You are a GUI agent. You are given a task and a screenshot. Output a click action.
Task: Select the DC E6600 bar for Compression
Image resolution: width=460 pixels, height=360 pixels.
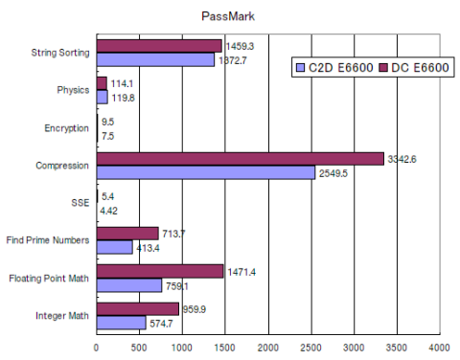coord(240,158)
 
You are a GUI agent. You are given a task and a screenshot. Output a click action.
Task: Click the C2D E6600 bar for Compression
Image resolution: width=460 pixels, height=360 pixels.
coord(205,172)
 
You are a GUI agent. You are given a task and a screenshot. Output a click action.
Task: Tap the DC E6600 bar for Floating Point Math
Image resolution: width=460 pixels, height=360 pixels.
coord(159,271)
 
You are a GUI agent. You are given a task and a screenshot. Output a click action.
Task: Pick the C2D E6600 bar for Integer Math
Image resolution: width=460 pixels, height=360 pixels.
coord(121,322)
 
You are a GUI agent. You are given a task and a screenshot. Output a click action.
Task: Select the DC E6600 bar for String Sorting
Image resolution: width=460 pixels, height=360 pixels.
coord(159,46)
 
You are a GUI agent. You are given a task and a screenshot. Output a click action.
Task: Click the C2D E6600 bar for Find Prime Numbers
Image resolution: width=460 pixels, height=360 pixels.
coord(114,247)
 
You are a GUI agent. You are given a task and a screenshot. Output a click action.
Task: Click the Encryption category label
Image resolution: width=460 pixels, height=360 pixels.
coord(67,127)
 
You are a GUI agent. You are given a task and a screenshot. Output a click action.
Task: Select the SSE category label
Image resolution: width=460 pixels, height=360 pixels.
coord(80,202)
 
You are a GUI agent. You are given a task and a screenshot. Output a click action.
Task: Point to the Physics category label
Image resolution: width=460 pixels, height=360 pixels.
coord(72,90)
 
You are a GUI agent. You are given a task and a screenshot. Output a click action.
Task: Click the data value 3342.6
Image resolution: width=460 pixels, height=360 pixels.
coord(402,158)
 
